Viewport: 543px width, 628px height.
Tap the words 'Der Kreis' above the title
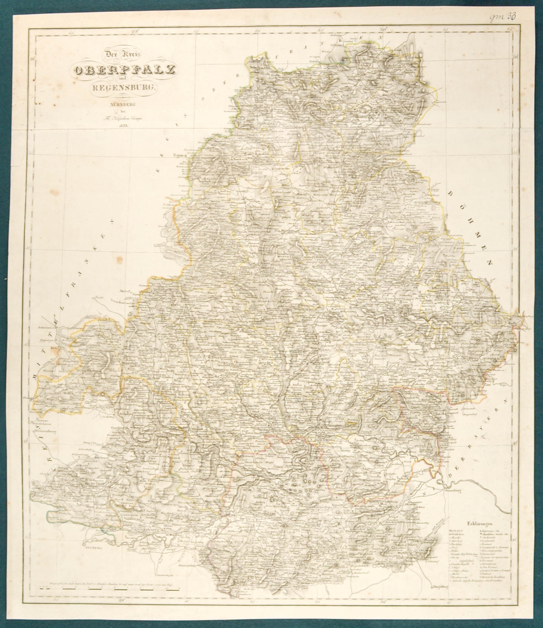pyautogui.click(x=124, y=55)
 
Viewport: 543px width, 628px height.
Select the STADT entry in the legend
pyautogui.click(x=456, y=531)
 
